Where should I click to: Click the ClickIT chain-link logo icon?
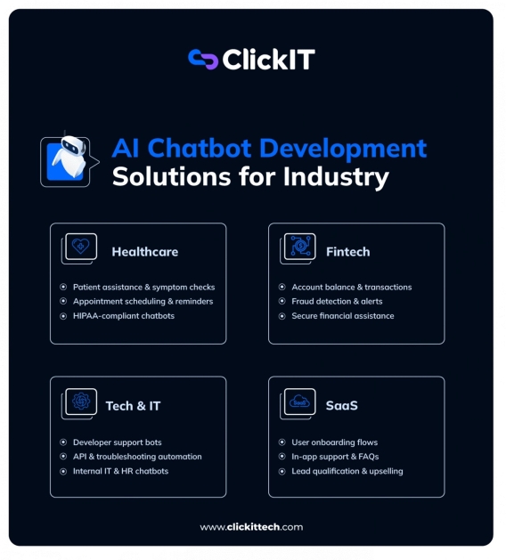(x=203, y=60)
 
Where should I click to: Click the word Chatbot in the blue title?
(x=200, y=148)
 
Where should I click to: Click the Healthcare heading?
(x=144, y=252)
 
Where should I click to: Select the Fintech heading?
(x=348, y=252)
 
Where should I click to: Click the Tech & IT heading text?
(x=133, y=406)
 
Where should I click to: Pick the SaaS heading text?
(x=341, y=406)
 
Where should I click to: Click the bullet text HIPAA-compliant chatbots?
(x=124, y=316)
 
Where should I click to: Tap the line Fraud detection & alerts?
(x=337, y=302)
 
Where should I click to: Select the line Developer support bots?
(x=118, y=442)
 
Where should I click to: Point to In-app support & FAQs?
(x=335, y=457)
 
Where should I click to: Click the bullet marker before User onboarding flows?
(x=282, y=442)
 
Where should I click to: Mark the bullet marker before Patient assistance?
(x=63, y=287)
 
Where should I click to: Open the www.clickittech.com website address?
(x=251, y=527)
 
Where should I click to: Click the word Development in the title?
(x=343, y=148)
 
